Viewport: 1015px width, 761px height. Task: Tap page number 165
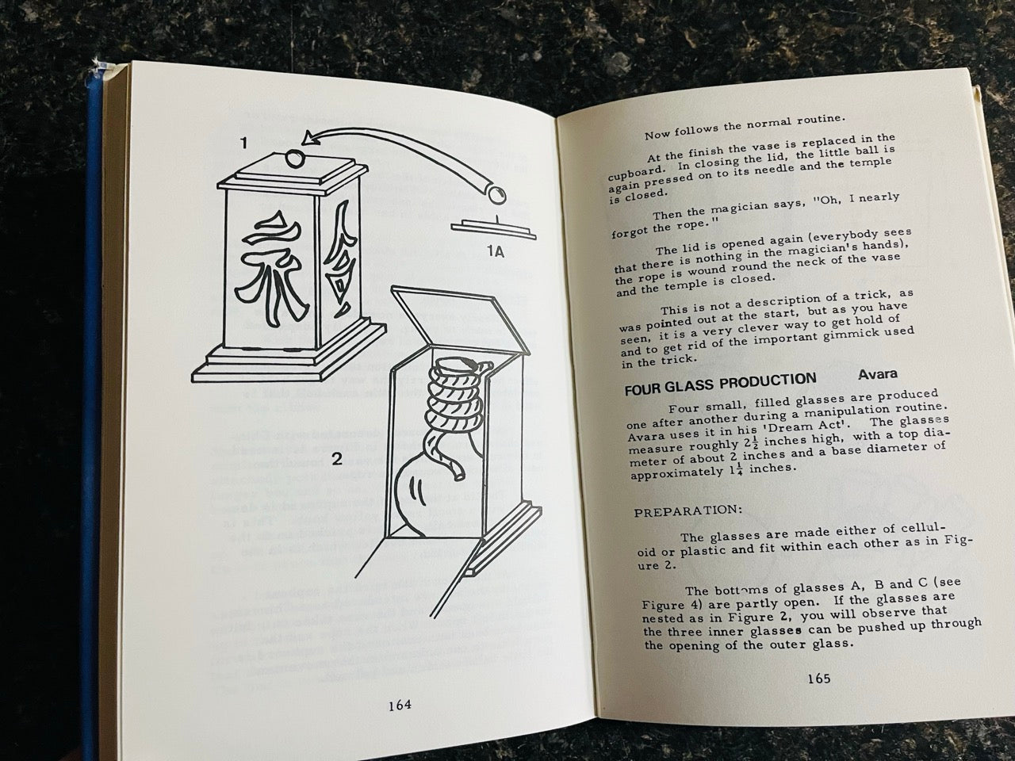819,679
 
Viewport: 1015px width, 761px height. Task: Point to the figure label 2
337,459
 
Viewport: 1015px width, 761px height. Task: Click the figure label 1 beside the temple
243,143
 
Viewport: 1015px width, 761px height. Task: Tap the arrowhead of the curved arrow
312,138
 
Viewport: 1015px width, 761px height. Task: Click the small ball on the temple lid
294,159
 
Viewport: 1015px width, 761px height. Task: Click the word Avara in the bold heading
878,374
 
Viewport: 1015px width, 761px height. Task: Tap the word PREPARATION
688,512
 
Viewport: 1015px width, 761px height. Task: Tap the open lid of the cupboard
460,319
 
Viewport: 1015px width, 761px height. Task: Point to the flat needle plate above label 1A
492,229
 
